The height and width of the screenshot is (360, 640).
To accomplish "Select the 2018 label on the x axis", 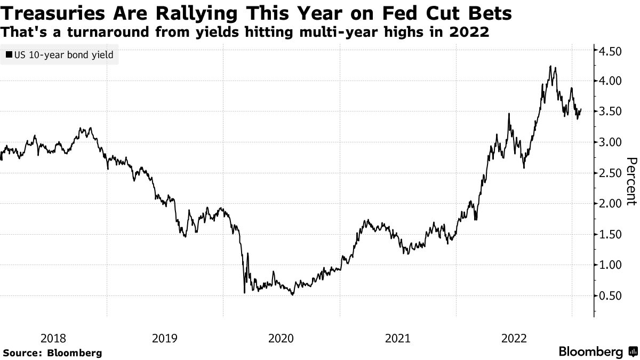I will point(53,338).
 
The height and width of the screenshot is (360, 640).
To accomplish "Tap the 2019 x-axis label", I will point(165,338).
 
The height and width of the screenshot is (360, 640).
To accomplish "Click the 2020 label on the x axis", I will point(282,338).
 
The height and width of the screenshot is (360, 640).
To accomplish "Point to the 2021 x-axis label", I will point(398,338).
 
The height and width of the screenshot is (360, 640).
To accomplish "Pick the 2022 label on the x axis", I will point(514,338).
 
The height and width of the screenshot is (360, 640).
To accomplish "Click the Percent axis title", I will point(630,181).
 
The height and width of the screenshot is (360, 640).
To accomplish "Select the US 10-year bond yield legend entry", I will point(60,54).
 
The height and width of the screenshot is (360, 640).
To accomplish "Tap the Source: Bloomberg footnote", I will point(52,353).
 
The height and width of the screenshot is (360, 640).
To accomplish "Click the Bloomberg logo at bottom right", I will point(597,352).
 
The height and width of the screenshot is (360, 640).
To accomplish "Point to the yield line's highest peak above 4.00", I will point(550,66).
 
